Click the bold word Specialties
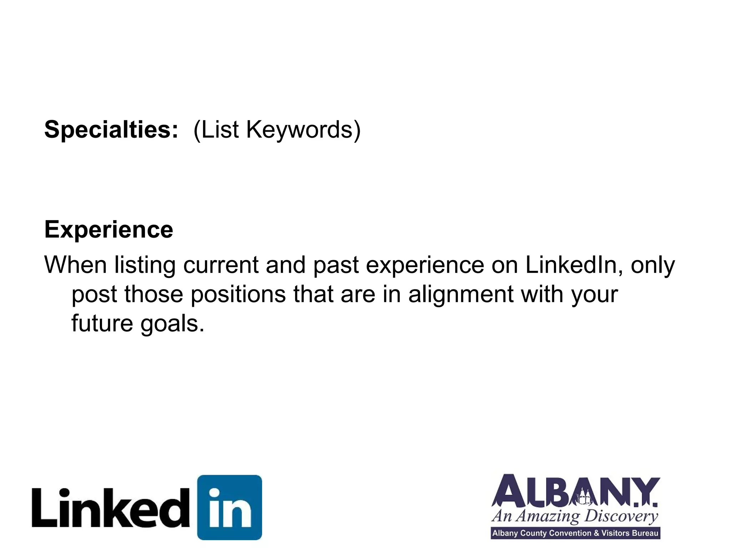pos(111,130)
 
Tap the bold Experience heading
pos(109,229)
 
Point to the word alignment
pos(461,294)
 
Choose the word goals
pos(172,324)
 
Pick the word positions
pos(238,294)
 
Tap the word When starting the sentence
pos(75,265)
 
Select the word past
pos(336,265)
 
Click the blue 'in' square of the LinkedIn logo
pos(230,507)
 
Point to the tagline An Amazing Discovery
pos(575,516)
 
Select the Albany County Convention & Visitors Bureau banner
pos(575,533)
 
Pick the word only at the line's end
pos(653,265)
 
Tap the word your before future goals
pos(594,294)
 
